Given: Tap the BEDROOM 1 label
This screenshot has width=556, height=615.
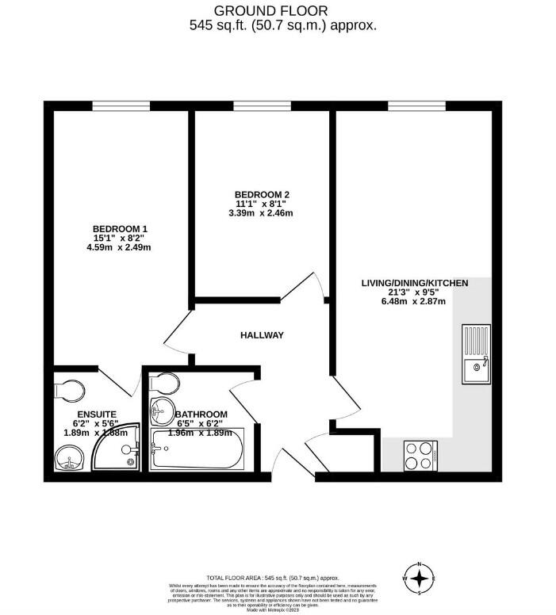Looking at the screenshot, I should (120, 229).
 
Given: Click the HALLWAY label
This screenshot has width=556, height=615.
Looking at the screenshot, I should (262, 335).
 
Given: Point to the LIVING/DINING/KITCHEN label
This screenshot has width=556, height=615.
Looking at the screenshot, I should (415, 283).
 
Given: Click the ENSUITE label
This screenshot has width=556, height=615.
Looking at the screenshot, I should (97, 414).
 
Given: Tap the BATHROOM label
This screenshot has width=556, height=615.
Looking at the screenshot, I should (201, 414).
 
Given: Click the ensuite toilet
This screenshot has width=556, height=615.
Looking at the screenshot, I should (69, 390).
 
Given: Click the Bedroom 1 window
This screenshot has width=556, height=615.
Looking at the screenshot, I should (121, 106).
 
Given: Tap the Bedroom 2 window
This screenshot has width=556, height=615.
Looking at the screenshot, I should (263, 106).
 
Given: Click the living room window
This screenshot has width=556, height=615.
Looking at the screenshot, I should (416, 106).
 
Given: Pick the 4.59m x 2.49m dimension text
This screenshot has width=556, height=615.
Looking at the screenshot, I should (118, 247).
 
